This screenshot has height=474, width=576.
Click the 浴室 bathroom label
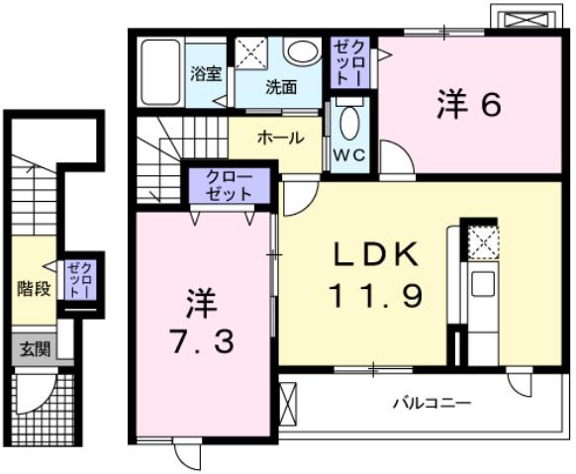205,72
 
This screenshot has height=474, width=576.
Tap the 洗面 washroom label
280,86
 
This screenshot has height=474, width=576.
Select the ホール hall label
280,139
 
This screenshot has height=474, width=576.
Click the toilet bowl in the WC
347,124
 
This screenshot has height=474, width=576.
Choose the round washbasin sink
300,50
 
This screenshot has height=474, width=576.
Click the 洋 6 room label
464,104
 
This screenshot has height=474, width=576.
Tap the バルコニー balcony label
432,403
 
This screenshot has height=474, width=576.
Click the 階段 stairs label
33,289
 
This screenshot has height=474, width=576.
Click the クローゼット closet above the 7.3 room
230,185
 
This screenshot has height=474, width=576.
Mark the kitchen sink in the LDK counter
482,284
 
